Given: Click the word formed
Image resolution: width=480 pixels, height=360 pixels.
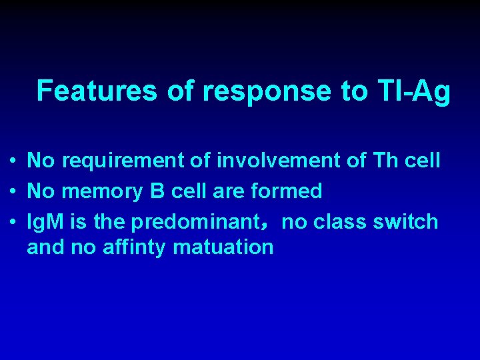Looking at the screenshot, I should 287,192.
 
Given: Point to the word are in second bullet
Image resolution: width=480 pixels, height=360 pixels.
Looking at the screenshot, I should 229,192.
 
